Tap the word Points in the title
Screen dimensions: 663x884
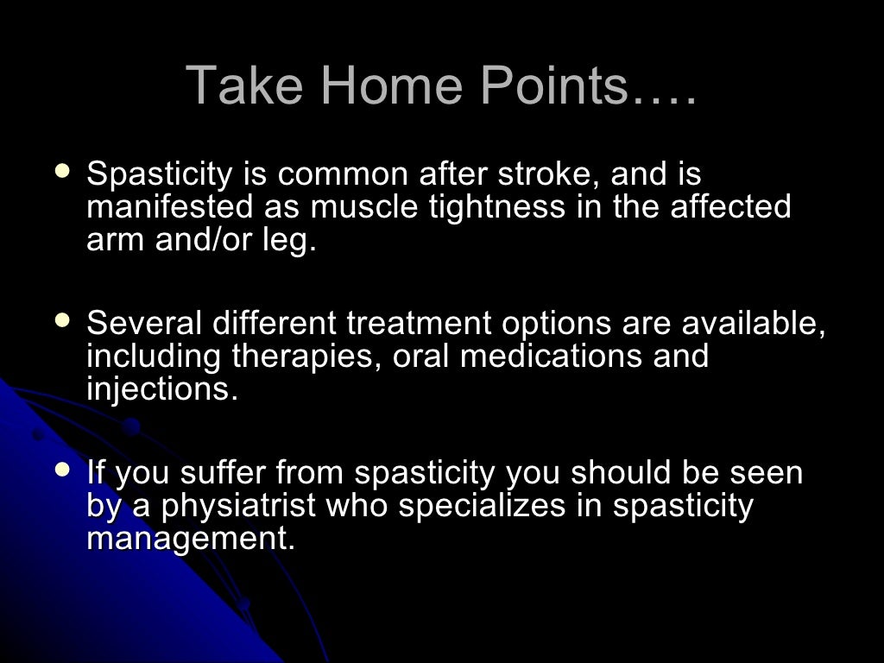click(552, 85)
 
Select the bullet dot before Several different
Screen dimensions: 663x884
click(62, 320)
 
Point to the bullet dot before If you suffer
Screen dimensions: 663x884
click(62, 470)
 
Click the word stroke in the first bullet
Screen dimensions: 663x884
click(548, 174)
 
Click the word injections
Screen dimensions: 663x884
click(161, 388)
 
